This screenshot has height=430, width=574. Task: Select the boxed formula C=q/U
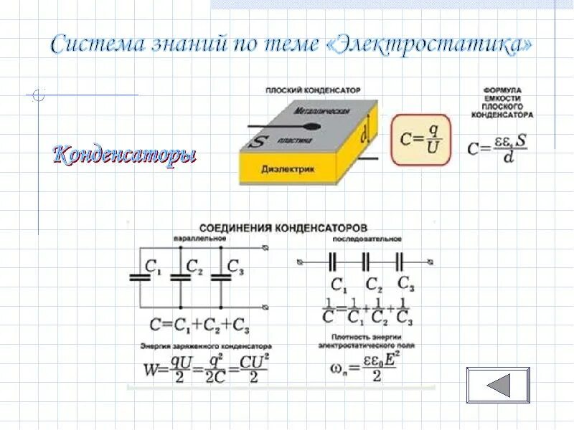click(420, 138)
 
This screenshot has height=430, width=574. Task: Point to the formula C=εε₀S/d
click(497, 148)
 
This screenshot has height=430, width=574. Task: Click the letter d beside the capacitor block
click(365, 133)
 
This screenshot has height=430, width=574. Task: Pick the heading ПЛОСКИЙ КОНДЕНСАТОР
click(312, 90)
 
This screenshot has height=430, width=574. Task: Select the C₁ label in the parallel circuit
click(154, 267)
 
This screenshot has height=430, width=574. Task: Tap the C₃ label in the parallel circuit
click(235, 267)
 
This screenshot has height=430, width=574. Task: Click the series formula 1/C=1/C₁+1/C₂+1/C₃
click(368, 311)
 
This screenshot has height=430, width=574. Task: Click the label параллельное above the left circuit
click(192, 239)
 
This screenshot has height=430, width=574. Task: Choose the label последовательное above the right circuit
click(366, 239)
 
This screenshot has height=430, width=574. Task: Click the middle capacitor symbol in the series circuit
click(365, 259)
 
